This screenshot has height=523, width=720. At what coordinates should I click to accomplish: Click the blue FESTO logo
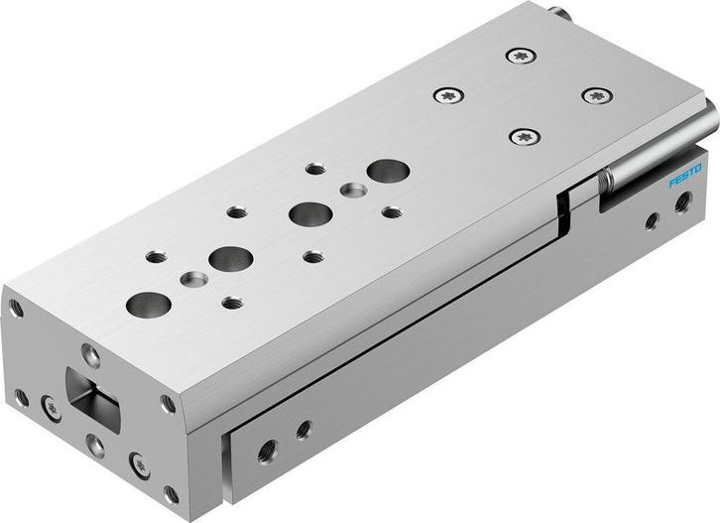(684, 176)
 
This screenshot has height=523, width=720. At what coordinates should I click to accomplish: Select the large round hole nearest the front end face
(148, 305)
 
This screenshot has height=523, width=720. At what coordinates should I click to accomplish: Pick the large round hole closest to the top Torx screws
(388, 171)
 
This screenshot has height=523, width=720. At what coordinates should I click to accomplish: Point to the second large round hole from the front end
(230, 259)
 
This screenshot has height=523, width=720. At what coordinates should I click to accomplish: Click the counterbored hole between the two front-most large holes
(192, 280)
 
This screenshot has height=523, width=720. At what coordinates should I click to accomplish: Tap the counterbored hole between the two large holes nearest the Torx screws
(352, 189)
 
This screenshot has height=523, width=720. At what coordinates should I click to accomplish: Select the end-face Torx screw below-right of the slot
(140, 461)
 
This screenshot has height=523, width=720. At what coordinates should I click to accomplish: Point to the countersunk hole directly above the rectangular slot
(90, 352)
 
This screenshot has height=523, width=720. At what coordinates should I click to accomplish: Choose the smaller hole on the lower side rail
(303, 430)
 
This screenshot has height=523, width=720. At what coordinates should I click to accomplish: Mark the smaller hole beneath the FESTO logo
(652, 220)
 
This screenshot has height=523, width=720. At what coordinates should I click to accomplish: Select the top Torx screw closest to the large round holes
(449, 96)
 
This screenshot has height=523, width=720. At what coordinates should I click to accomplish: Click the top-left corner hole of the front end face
(16, 310)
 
